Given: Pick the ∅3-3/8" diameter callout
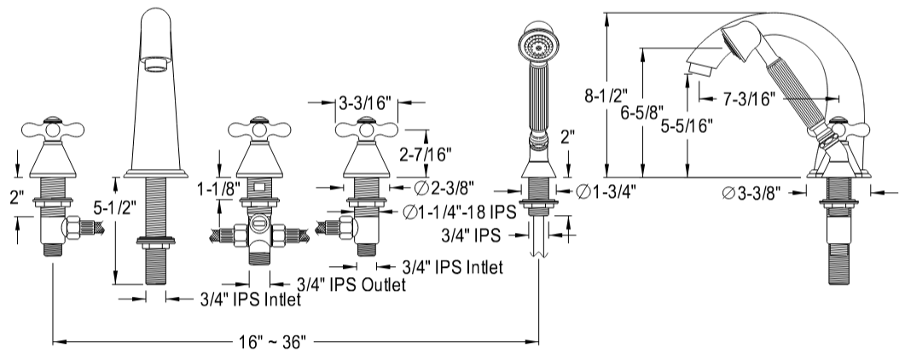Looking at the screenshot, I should pyautogui.click(x=754, y=194).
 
